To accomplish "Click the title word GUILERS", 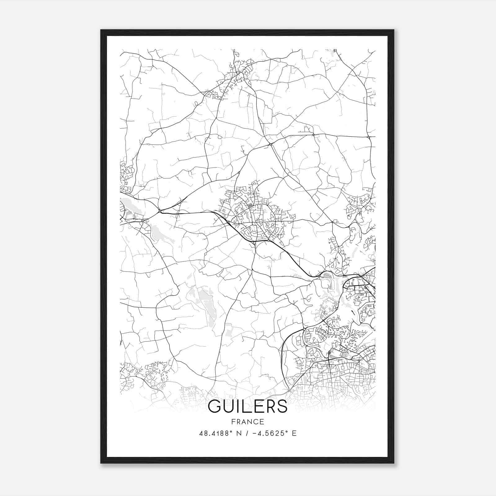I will tap(248, 406).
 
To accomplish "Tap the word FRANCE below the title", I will tap(248, 422).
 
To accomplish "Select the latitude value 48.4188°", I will tap(216, 433).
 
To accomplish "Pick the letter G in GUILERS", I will tap(215, 406).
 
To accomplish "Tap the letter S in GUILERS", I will tap(282, 406).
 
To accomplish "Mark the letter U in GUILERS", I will tap(229, 406).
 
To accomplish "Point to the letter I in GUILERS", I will tap(239, 406).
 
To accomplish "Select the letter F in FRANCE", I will tap(232, 422).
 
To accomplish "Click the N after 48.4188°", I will tap(238, 433).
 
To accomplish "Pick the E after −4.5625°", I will tap(294, 433).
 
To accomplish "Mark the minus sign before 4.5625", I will tap(255, 433).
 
